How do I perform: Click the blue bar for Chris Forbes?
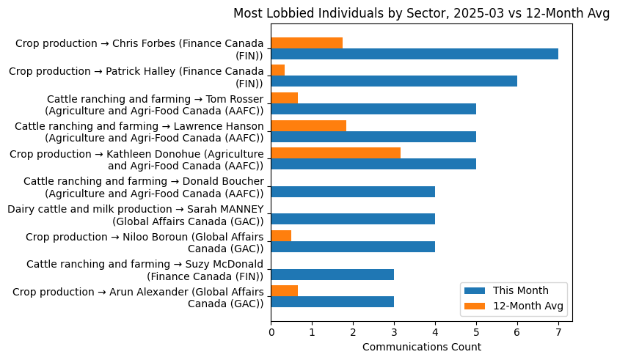pyautogui.click(x=415, y=54)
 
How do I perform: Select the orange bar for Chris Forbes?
pyautogui.click(x=307, y=43)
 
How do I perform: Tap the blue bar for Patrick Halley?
pyautogui.click(x=394, y=81)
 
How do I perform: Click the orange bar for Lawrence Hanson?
pyautogui.click(x=308, y=125)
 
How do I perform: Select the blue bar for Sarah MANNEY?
pyautogui.click(x=353, y=218)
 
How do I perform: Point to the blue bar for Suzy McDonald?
pyautogui.click(x=332, y=274)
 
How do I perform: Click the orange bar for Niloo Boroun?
pyautogui.click(x=281, y=235)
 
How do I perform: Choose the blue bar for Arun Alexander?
pyautogui.click(x=332, y=301)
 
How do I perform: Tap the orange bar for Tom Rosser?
pyautogui.click(x=284, y=98)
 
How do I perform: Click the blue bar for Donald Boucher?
pyautogui.click(x=353, y=191)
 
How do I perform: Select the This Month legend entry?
pyautogui.click(x=514, y=290)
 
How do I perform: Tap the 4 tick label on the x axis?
pyautogui.click(x=435, y=331)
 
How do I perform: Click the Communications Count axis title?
pyautogui.click(x=421, y=347)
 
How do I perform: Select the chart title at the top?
pyautogui.click(x=421, y=13)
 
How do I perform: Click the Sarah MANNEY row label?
pyautogui.click(x=135, y=215)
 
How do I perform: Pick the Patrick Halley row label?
pyautogui.click(x=136, y=77)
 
